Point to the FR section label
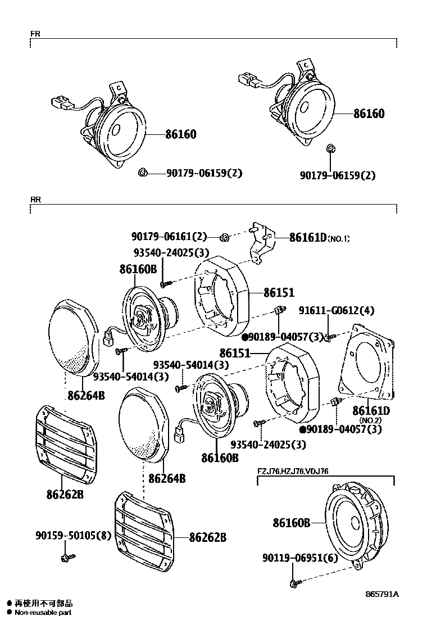point(34,34)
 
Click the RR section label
point(35,199)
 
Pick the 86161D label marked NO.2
point(371,411)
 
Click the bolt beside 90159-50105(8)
point(66,558)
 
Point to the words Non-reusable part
point(43,613)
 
